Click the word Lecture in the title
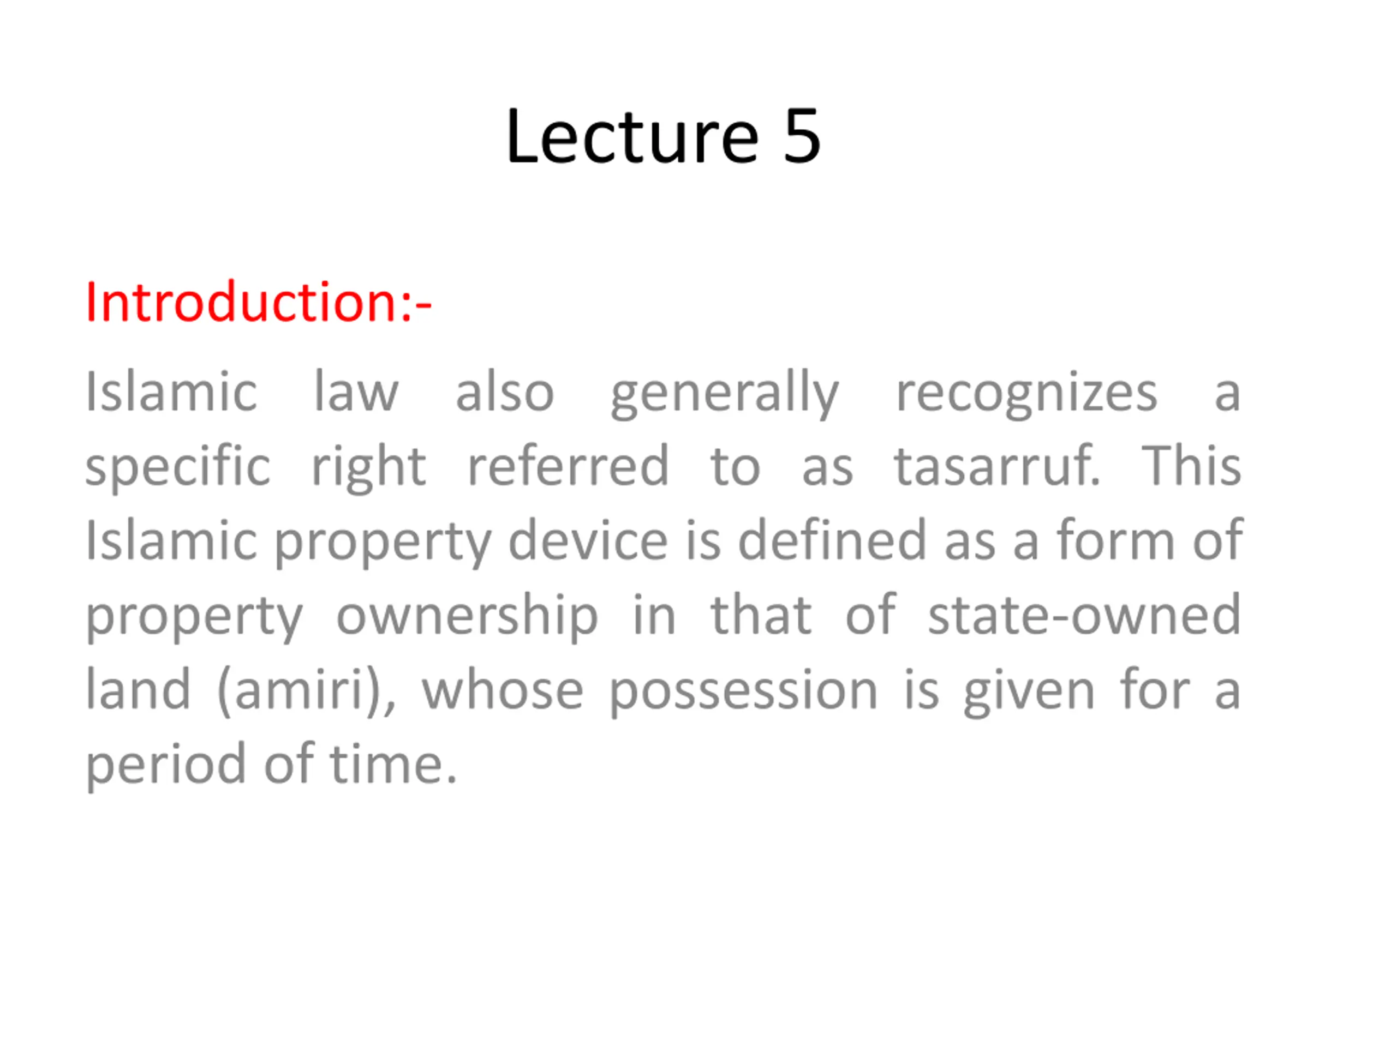tap(631, 136)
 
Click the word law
tap(356, 392)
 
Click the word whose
tap(503, 689)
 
